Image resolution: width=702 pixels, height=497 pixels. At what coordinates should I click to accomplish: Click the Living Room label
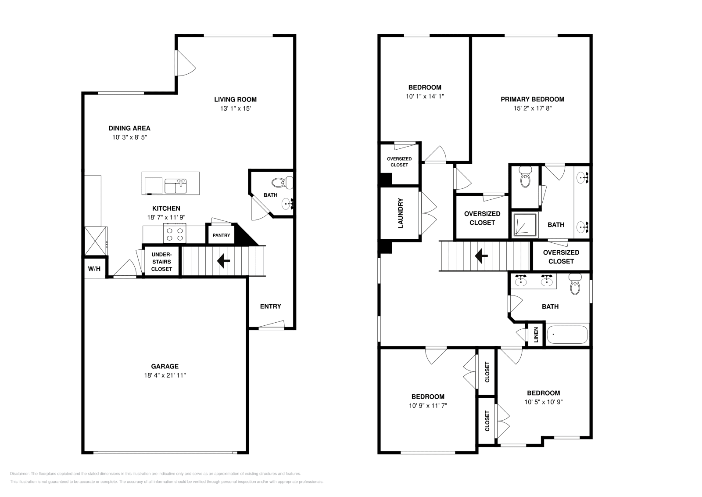click(235, 99)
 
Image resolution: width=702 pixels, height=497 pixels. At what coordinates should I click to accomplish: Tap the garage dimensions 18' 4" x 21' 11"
click(165, 375)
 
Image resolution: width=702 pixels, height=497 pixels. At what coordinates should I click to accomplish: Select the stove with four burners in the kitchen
click(175, 233)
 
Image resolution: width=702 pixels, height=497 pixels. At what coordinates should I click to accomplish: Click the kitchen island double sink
click(175, 186)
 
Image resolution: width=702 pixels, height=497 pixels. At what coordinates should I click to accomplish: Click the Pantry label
click(221, 235)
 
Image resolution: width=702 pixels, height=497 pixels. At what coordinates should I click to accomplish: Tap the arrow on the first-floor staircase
click(224, 261)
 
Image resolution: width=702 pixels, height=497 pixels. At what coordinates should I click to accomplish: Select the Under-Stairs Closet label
click(161, 262)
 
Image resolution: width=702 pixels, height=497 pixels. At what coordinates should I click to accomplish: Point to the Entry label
click(270, 306)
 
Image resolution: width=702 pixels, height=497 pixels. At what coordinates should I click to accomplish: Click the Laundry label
click(400, 214)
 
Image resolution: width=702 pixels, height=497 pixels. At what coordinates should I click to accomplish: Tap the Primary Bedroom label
click(532, 99)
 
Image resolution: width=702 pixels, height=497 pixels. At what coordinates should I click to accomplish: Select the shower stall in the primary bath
click(525, 225)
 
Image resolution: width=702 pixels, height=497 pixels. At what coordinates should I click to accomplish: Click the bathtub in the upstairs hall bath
click(567, 335)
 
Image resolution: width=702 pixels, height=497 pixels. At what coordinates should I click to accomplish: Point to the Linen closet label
click(536, 335)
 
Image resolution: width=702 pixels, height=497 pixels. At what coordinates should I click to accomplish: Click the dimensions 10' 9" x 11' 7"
click(427, 406)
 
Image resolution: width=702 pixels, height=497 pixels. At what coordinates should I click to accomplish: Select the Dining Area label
click(129, 128)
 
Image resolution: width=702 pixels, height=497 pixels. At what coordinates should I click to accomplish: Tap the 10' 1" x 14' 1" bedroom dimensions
click(424, 96)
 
